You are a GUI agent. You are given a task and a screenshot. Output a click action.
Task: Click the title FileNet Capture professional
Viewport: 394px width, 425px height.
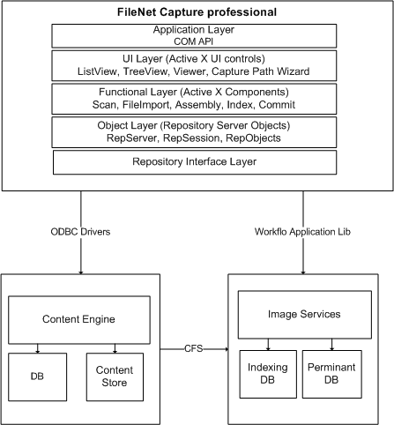[x=197, y=12]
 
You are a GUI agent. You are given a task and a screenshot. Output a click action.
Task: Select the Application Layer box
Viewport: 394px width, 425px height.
[x=194, y=36]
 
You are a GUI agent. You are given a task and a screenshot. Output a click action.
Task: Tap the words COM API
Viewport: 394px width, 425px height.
[x=194, y=41]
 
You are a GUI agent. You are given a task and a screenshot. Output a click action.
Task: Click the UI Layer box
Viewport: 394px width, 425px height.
[x=194, y=65]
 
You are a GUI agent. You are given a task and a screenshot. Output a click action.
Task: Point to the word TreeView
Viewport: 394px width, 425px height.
[x=145, y=71]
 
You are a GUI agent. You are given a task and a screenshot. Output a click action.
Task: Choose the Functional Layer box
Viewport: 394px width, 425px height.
[x=194, y=99]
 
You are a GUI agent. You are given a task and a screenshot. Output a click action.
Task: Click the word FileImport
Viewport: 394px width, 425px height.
[x=146, y=105]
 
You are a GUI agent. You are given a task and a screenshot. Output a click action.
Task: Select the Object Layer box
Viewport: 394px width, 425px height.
[x=194, y=132]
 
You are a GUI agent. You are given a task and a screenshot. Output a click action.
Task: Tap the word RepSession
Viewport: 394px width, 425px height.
[x=191, y=138]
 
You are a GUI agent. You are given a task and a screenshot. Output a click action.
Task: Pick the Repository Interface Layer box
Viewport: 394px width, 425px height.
[x=195, y=162]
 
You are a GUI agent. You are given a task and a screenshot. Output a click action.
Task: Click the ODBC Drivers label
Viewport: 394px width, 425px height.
[x=80, y=232]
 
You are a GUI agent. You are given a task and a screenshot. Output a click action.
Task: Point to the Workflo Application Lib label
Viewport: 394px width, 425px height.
[x=302, y=232]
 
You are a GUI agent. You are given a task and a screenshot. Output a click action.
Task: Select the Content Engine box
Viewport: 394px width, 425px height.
[x=79, y=320]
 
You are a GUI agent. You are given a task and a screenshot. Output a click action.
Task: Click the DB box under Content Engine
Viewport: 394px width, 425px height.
[x=38, y=377]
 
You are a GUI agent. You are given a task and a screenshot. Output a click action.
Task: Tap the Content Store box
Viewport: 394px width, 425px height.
[x=115, y=377]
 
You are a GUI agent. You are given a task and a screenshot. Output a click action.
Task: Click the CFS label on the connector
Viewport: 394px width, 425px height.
[x=194, y=348]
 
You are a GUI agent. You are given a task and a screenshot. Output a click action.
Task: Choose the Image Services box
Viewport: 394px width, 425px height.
[x=305, y=315]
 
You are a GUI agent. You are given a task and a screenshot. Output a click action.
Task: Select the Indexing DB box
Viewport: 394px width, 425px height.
[x=268, y=374]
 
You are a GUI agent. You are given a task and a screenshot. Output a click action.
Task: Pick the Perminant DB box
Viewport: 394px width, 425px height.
[x=332, y=374]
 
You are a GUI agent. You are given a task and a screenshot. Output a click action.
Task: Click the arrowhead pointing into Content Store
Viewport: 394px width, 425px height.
[x=115, y=351]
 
